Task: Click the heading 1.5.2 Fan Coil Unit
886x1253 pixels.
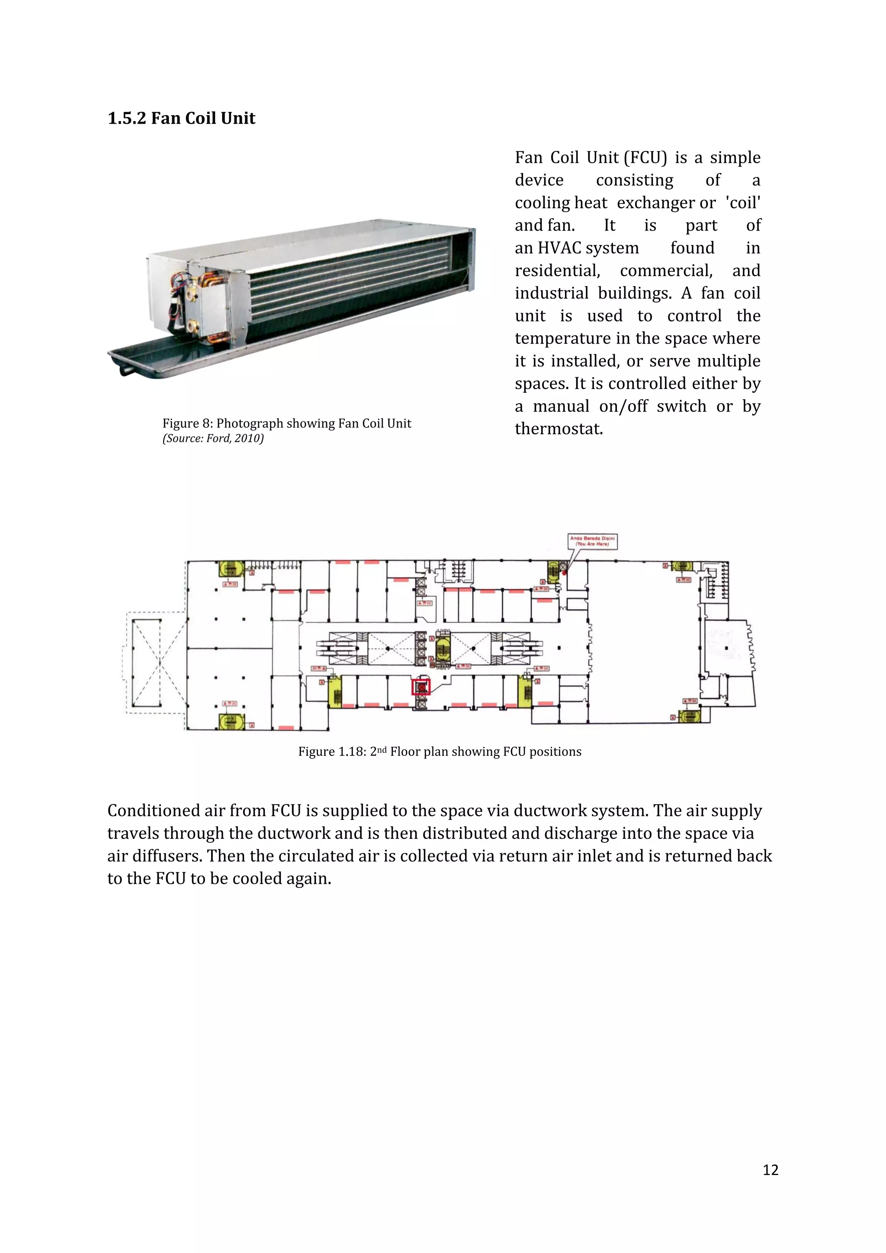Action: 181,119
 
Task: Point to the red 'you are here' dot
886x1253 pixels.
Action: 564,572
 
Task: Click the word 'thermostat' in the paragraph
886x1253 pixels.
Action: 559,429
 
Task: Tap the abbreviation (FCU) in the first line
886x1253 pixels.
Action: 645,158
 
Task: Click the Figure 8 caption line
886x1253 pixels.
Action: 286,424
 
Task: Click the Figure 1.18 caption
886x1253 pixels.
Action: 439,752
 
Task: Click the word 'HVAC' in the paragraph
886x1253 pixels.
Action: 560,248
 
